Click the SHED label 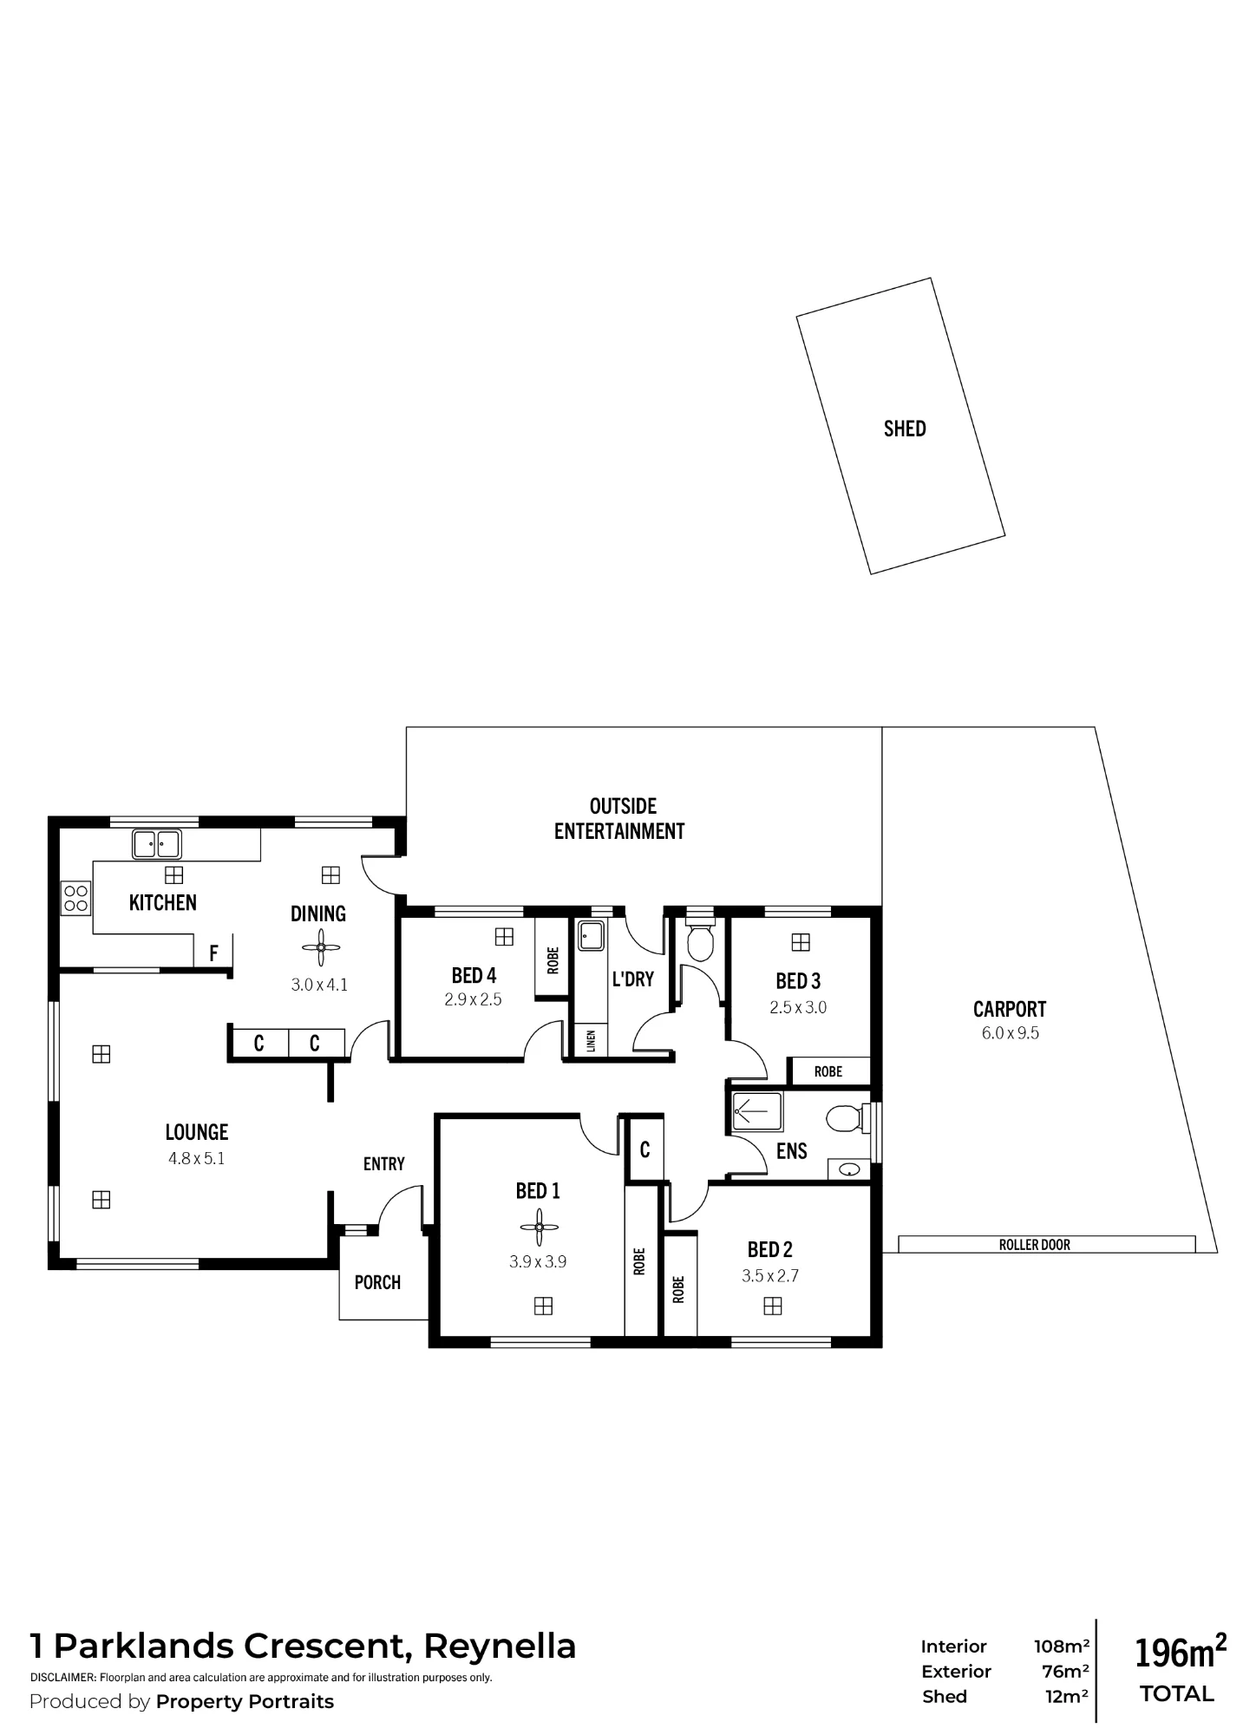(905, 429)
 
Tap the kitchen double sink (156, 843)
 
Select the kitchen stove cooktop (75, 897)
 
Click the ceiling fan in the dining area (320, 947)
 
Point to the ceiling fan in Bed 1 (539, 1228)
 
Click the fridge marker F (213, 954)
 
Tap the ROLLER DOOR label (1035, 1245)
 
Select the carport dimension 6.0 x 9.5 (1011, 1033)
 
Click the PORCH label (377, 1282)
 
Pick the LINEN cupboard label (591, 1041)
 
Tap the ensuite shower (757, 1112)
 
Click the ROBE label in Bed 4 (553, 959)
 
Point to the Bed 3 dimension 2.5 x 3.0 (798, 1008)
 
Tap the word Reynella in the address (500, 1647)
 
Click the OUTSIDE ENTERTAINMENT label (621, 819)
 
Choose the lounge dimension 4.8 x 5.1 (197, 1159)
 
